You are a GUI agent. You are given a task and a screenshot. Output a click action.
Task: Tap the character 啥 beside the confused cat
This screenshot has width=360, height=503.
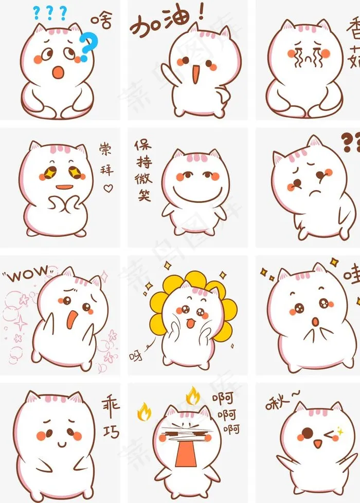(102, 20)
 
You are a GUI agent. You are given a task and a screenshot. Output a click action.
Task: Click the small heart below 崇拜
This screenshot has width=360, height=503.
(107, 189)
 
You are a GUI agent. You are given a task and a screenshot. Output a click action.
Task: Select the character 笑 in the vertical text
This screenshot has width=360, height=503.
(145, 195)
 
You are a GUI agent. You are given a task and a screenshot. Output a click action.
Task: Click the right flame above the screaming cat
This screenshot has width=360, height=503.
(192, 396)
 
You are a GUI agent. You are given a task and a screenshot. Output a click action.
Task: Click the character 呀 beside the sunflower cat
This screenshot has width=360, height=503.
(135, 354)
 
